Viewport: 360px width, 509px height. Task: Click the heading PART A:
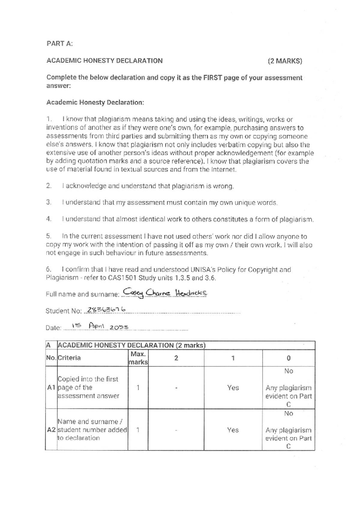[59, 44]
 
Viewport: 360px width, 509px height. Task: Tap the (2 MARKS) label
[285, 61]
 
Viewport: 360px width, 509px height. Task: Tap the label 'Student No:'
[63, 311]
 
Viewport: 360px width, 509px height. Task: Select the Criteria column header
[69, 358]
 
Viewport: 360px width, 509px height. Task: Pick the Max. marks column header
[138, 358]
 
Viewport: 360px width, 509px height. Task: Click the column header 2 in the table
[176, 358]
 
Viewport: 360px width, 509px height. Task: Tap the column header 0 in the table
[288, 358]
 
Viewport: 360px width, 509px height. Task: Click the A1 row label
[51, 387]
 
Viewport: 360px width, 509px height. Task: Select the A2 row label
[51, 430]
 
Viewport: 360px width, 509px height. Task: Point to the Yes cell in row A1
[233, 388]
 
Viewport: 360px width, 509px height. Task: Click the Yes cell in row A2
[233, 430]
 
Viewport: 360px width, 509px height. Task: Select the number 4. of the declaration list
[49, 219]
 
